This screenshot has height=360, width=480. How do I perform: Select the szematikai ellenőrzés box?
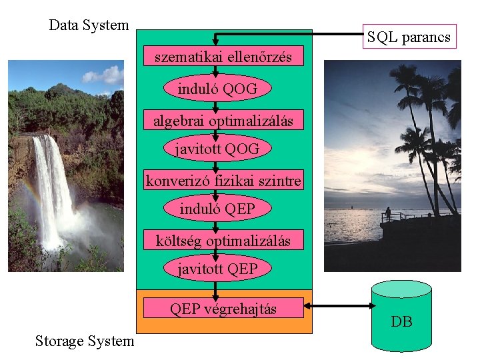223,57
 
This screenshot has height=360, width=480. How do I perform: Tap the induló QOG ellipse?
217,89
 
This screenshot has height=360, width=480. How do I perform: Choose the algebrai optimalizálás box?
223,121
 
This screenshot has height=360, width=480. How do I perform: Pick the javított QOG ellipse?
217,149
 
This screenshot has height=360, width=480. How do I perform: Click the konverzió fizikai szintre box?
223,181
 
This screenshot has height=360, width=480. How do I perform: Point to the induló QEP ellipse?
217,209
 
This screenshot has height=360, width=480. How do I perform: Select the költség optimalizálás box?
223,241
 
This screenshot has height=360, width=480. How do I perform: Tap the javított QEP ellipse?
217,269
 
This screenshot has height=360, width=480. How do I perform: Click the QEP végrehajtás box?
223,309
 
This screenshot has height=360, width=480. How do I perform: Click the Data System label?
89,25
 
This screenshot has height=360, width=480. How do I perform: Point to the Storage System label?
85,341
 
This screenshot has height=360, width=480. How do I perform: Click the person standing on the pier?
387,214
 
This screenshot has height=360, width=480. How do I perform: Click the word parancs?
427,37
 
